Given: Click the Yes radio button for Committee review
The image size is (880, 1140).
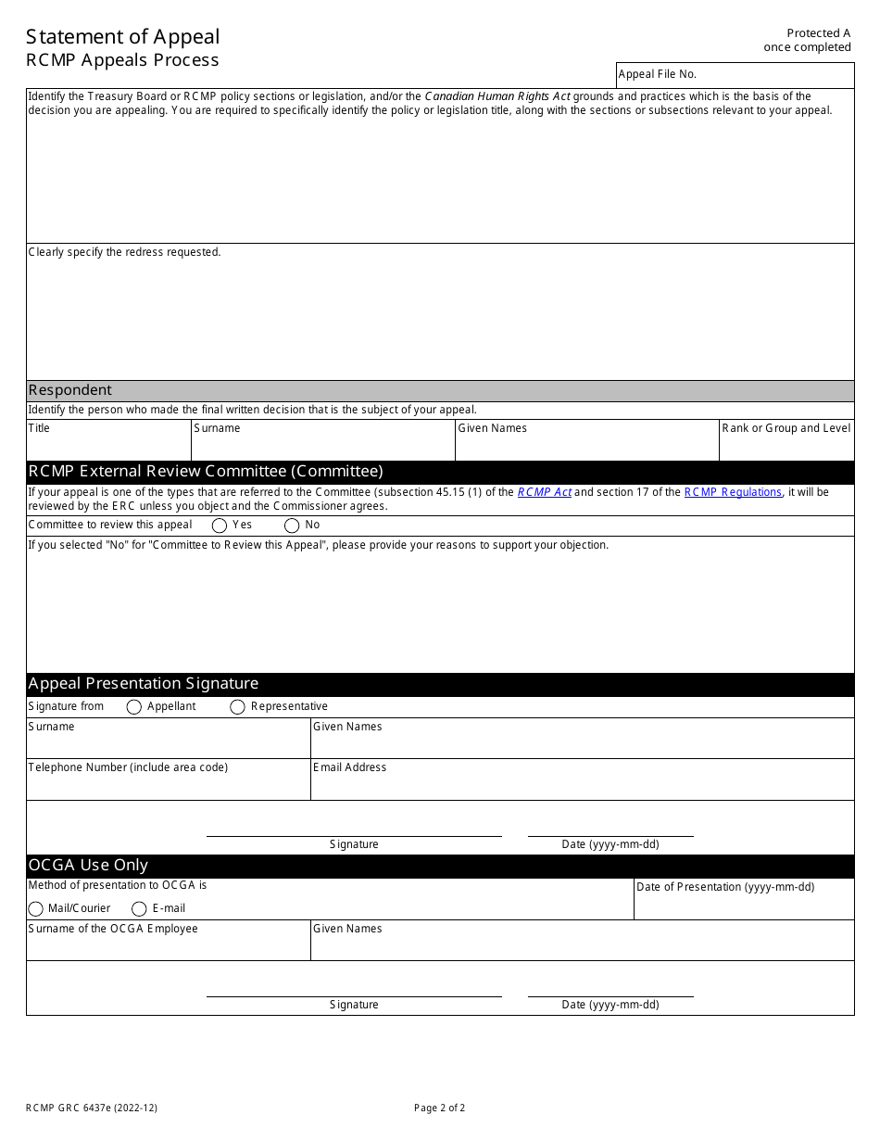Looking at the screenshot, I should tap(220, 526).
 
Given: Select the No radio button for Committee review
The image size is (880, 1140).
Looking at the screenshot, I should tap(292, 526).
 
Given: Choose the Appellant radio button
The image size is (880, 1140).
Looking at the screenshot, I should tap(133, 707).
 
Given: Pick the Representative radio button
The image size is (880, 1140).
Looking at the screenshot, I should tap(237, 707).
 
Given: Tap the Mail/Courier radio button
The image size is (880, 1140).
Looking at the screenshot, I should tap(36, 909).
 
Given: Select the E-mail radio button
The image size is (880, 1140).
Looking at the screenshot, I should tap(139, 909).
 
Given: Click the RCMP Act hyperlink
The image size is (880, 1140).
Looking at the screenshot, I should tap(544, 492).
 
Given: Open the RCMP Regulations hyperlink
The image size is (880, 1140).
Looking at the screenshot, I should tap(733, 492).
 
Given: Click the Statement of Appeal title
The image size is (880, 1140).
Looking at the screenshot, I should tap(123, 37).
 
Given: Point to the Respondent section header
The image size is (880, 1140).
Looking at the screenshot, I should tap(70, 390).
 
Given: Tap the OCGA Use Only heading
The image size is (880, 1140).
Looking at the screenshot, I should tap(88, 866).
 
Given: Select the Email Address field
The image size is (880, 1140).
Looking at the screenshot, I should tap(582, 785).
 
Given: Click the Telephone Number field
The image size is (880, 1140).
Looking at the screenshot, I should tap(168, 785).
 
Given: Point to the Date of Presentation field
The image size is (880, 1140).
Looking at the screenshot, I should tap(743, 905).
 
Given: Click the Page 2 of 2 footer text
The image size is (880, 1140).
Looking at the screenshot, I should tap(440, 1108).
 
